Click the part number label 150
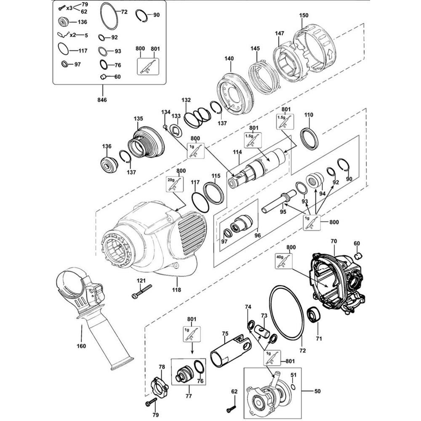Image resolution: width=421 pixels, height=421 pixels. coord(304,16)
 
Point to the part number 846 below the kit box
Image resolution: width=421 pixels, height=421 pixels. coord(102,100)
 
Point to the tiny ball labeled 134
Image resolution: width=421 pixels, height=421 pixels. coord(166,126)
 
